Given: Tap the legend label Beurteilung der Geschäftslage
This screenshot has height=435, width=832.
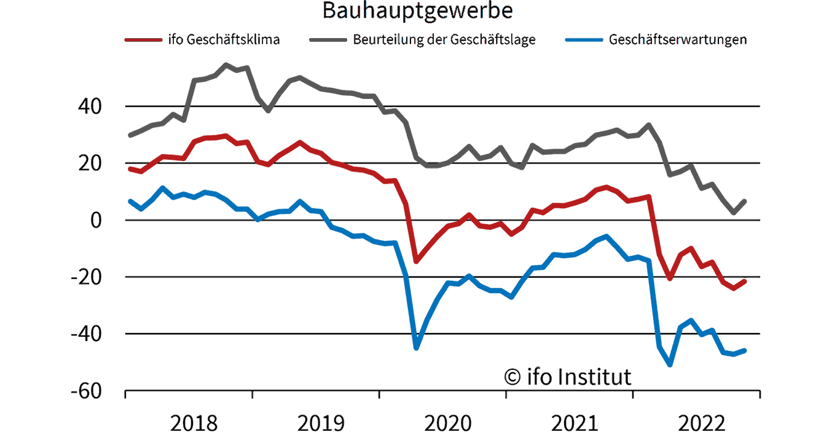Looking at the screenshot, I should tap(444, 40).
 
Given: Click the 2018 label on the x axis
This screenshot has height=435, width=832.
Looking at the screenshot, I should tap(194, 423).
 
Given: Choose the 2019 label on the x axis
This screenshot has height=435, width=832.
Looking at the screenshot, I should tap(321, 423).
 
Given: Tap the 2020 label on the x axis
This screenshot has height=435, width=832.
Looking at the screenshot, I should tap(448, 423).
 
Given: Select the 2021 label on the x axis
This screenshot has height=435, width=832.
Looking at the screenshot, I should tap(575, 423).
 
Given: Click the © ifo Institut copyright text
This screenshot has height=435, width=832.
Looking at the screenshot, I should tap(567, 376).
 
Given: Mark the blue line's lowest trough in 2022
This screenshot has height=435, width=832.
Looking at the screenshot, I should tap(670, 365).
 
